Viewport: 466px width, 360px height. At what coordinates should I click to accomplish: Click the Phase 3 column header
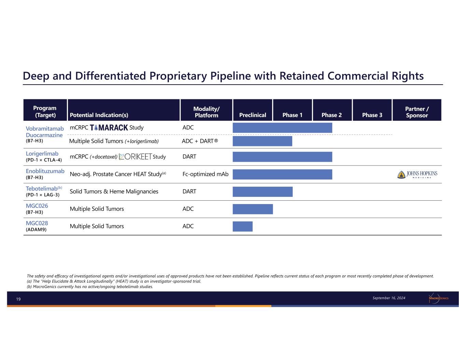pyautogui.click(x=372, y=110)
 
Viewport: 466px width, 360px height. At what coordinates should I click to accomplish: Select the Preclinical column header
pyautogui.click(x=253, y=110)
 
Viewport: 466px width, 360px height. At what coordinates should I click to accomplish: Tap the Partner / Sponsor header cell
pyautogui.click(x=417, y=110)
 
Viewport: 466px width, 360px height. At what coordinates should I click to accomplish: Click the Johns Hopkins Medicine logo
pyautogui.click(x=417, y=174)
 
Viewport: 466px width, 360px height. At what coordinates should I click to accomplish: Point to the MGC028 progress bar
pyautogui.click(x=242, y=226)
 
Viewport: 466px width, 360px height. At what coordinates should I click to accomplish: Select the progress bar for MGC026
pyautogui.click(x=253, y=209)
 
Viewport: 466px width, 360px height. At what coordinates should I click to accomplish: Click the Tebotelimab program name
pyautogui.click(x=42, y=189)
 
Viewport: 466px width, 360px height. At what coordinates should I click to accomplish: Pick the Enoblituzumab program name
pyautogui.click(x=45, y=171)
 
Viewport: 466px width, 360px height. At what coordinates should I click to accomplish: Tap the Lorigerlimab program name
pyautogui.click(x=42, y=154)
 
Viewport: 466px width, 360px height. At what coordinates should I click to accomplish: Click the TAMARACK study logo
pyautogui.click(x=109, y=128)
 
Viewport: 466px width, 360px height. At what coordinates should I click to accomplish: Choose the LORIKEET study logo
pyautogui.click(x=135, y=157)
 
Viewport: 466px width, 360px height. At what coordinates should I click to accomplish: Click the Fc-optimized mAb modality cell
pyautogui.click(x=206, y=174)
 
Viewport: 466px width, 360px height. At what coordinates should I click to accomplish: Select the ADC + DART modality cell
pyautogui.click(x=200, y=141)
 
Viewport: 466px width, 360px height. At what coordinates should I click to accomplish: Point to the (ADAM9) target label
pyautogui.click(x=36, y=230)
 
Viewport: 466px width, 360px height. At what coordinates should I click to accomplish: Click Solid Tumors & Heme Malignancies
pyautogui.click(x=114, y=191)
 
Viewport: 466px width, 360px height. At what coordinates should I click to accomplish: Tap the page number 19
pyautogui.click(x=18, y=299)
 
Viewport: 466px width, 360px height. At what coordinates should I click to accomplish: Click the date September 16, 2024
pyautogui.click(x=389, y=298)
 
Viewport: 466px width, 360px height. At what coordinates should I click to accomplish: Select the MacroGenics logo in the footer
pyautogui.click(x=438, y=298)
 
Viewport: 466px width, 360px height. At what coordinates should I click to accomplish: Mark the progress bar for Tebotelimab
pyautogui.click(x=263, y=191)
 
